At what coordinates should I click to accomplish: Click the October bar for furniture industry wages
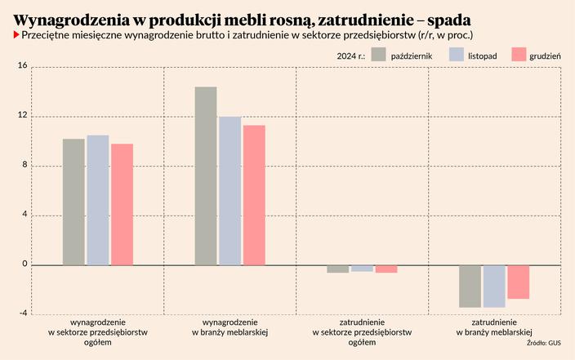(x=206, y=176)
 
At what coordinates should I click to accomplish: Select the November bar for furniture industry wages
(x=230, y=191)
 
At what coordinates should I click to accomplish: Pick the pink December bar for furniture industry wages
(x=254, y=195)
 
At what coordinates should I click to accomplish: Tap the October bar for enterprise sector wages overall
(x=74, y=202)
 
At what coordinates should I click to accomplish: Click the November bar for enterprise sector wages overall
(x=98, y=200)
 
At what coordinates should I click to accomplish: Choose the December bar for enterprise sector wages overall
(x=123, y=204)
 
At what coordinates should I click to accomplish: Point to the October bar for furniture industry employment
(x=470, y=286)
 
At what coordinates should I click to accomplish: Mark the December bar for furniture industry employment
(x=519, y=282)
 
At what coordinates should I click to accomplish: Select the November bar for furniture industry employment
(x=494, y=286)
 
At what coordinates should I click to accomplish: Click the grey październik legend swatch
(x=378, y=55)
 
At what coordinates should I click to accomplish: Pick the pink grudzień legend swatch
(x=518, y=55)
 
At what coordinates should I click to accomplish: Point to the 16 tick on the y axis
(x=22, y=66)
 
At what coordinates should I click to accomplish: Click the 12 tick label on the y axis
(x=22, y=116)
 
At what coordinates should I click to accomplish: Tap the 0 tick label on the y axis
(x=25, y=264)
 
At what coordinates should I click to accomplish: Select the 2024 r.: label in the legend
(x=350, y=55)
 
